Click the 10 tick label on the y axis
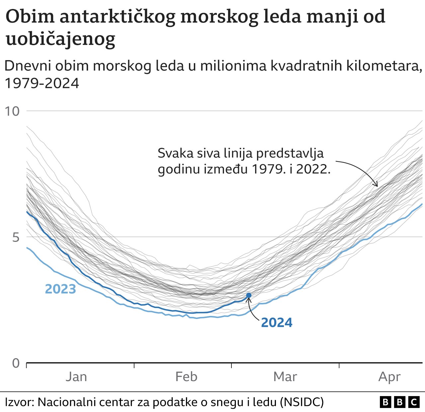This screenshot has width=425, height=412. pos(12,111)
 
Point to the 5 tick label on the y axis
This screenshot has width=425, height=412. pos(16,238)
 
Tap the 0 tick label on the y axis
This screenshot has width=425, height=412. pos(16,363)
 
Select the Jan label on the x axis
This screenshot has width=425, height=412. pos(76,377)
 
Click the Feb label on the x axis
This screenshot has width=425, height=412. pos(186,377)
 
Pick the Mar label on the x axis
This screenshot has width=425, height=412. pos(285,377)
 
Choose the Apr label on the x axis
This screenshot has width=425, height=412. pos(389,377)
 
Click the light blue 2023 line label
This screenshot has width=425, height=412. pos(60,289)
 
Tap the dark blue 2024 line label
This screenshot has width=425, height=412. pos(277,323)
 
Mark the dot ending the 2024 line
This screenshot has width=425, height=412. pos(249,295)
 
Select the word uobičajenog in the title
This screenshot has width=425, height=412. pos(60,39)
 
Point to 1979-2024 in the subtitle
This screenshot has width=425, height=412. pos(42,83)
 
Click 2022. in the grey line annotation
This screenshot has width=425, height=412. pos(313,169)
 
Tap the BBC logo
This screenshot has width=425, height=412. pos(399,402)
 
